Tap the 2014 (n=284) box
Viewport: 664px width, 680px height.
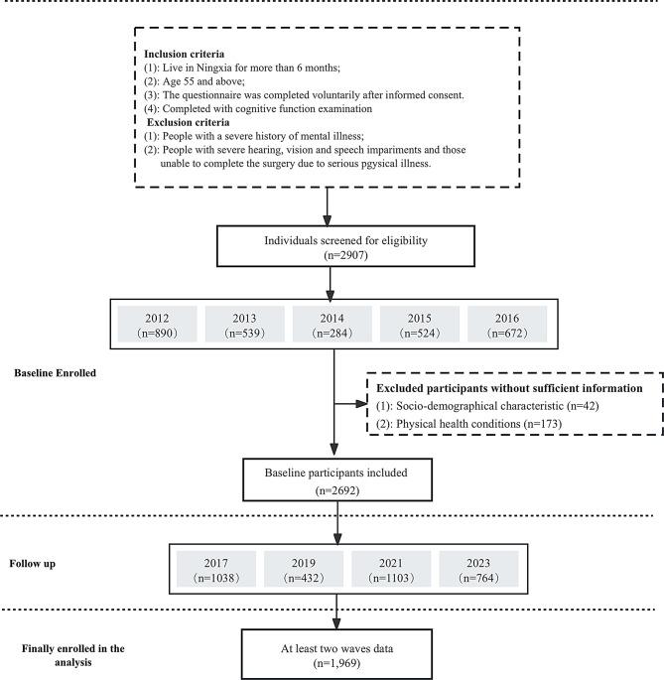(337, 325)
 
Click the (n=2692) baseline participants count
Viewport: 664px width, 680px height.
(338, 489)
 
